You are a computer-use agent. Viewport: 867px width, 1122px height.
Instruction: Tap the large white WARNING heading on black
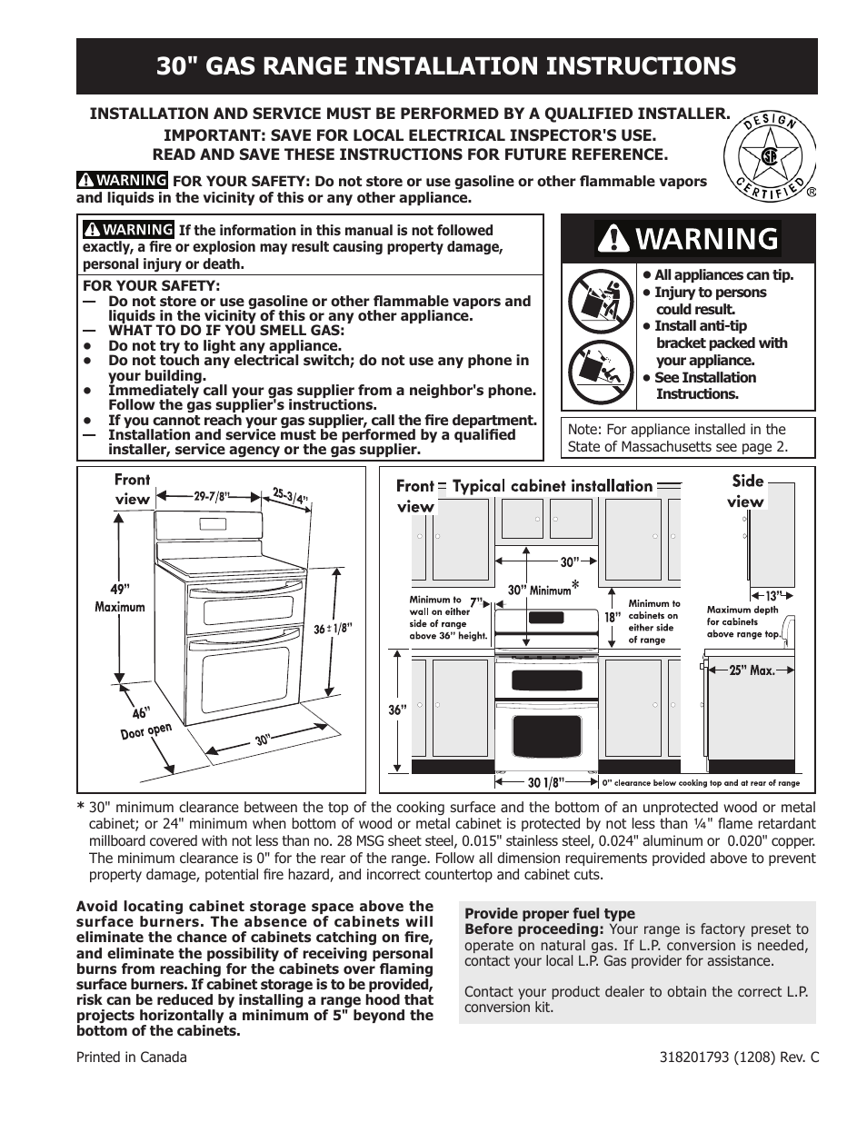coord(688,239)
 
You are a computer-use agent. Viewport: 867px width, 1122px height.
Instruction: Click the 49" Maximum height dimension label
coord(120,597)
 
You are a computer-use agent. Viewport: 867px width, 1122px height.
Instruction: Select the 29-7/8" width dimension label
coord(213,496)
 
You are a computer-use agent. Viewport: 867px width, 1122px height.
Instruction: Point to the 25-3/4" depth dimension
coord(291,496)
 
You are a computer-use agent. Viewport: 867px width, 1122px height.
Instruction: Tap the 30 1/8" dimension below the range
coord(546,781)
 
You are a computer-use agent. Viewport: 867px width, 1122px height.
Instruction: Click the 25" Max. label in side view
coord(752,670)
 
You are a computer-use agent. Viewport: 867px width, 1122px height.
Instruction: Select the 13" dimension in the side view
coord(772,595)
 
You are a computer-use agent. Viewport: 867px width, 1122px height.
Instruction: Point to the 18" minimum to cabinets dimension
coord(613,617)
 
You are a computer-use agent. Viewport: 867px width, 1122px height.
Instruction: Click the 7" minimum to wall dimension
coord(477,601)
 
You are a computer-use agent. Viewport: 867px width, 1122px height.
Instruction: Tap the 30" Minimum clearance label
coord(540,591)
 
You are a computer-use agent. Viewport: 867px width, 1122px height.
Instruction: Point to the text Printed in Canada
coord(131,1057)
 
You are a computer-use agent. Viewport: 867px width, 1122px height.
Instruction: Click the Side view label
coord(746,491)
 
